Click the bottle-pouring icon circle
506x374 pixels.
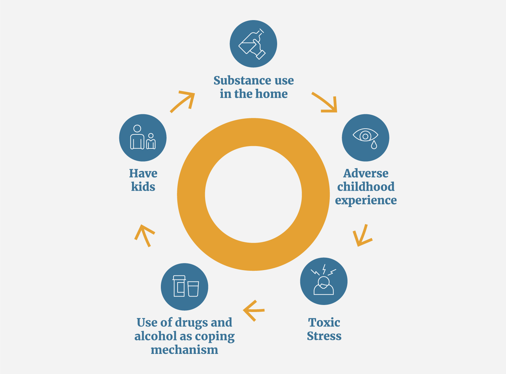(253, 44)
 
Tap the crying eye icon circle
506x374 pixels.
(366, 138)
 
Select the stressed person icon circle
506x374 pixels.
(324, 281)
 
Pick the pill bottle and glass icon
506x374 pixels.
(185, 287)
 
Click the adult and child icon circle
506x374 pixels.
(143, 138)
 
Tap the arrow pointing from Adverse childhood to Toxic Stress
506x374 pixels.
(362, 236)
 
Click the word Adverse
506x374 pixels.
(366, 174)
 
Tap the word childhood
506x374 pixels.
(366, 187)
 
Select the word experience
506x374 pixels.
(366, 200)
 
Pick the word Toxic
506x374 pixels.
(324, 323)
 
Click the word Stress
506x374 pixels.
(324, 336)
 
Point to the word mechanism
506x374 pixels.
(185, 350)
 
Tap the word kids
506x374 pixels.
(143, 187)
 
